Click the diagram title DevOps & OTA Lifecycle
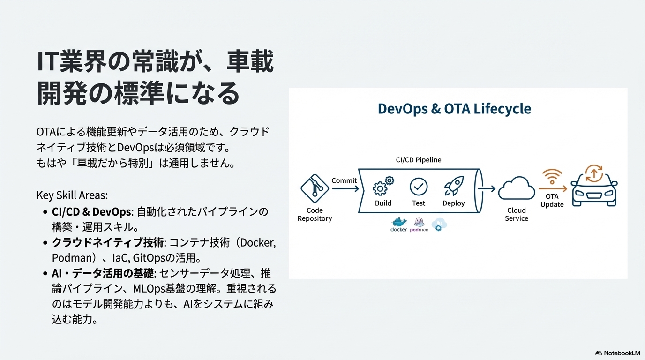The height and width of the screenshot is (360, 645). point(454,109)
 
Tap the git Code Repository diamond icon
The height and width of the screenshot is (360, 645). point(315,188)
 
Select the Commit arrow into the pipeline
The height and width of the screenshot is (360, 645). point(345,188)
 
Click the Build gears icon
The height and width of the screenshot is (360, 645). point(383,186)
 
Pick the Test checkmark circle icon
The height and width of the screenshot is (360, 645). point(419,187)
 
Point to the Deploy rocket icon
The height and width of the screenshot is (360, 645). point(454,186)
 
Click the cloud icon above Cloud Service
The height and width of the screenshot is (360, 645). point(517,188)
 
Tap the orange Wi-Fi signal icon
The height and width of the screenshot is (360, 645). point(552,177)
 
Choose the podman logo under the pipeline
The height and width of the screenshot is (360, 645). point(419,225)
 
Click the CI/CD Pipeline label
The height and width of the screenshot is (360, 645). point(419,160)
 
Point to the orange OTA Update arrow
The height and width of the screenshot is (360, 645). point(553,188)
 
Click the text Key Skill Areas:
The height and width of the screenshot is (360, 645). point(72,195)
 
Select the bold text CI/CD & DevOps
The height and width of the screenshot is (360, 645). point(91,212)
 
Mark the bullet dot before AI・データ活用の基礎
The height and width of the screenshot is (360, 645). point(45,273)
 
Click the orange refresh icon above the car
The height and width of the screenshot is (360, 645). point(594,173)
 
